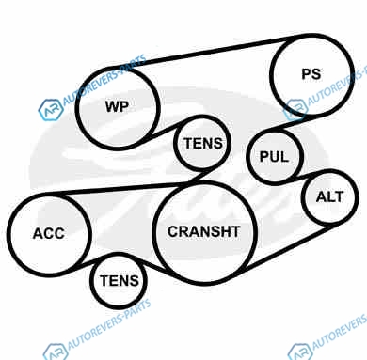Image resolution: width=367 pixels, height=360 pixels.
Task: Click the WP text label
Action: tap(117, 106)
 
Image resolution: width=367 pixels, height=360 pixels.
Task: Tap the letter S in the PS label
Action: tap(316, 74)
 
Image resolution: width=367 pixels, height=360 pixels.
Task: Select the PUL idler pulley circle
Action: tap(275, 156)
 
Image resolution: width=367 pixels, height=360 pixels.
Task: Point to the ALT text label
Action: tap(329, 196)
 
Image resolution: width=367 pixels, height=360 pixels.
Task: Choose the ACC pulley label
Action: tap(49, 233)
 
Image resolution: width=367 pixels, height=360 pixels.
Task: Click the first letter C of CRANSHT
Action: tap(173, 231)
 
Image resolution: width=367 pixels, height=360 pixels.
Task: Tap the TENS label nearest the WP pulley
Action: tap(203, 144)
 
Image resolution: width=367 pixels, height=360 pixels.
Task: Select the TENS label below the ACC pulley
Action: tap(120, 280)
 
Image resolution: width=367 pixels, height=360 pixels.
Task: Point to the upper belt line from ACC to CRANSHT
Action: tap(116, 189)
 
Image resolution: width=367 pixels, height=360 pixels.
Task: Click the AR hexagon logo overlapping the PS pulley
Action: tap(295, 109)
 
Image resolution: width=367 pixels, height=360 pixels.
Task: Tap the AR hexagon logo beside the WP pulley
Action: tap(51, 110)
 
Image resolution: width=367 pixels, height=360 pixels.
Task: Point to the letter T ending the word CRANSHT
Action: tap(235, 231)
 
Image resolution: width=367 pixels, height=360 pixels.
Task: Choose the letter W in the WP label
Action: tap(113, 106)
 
